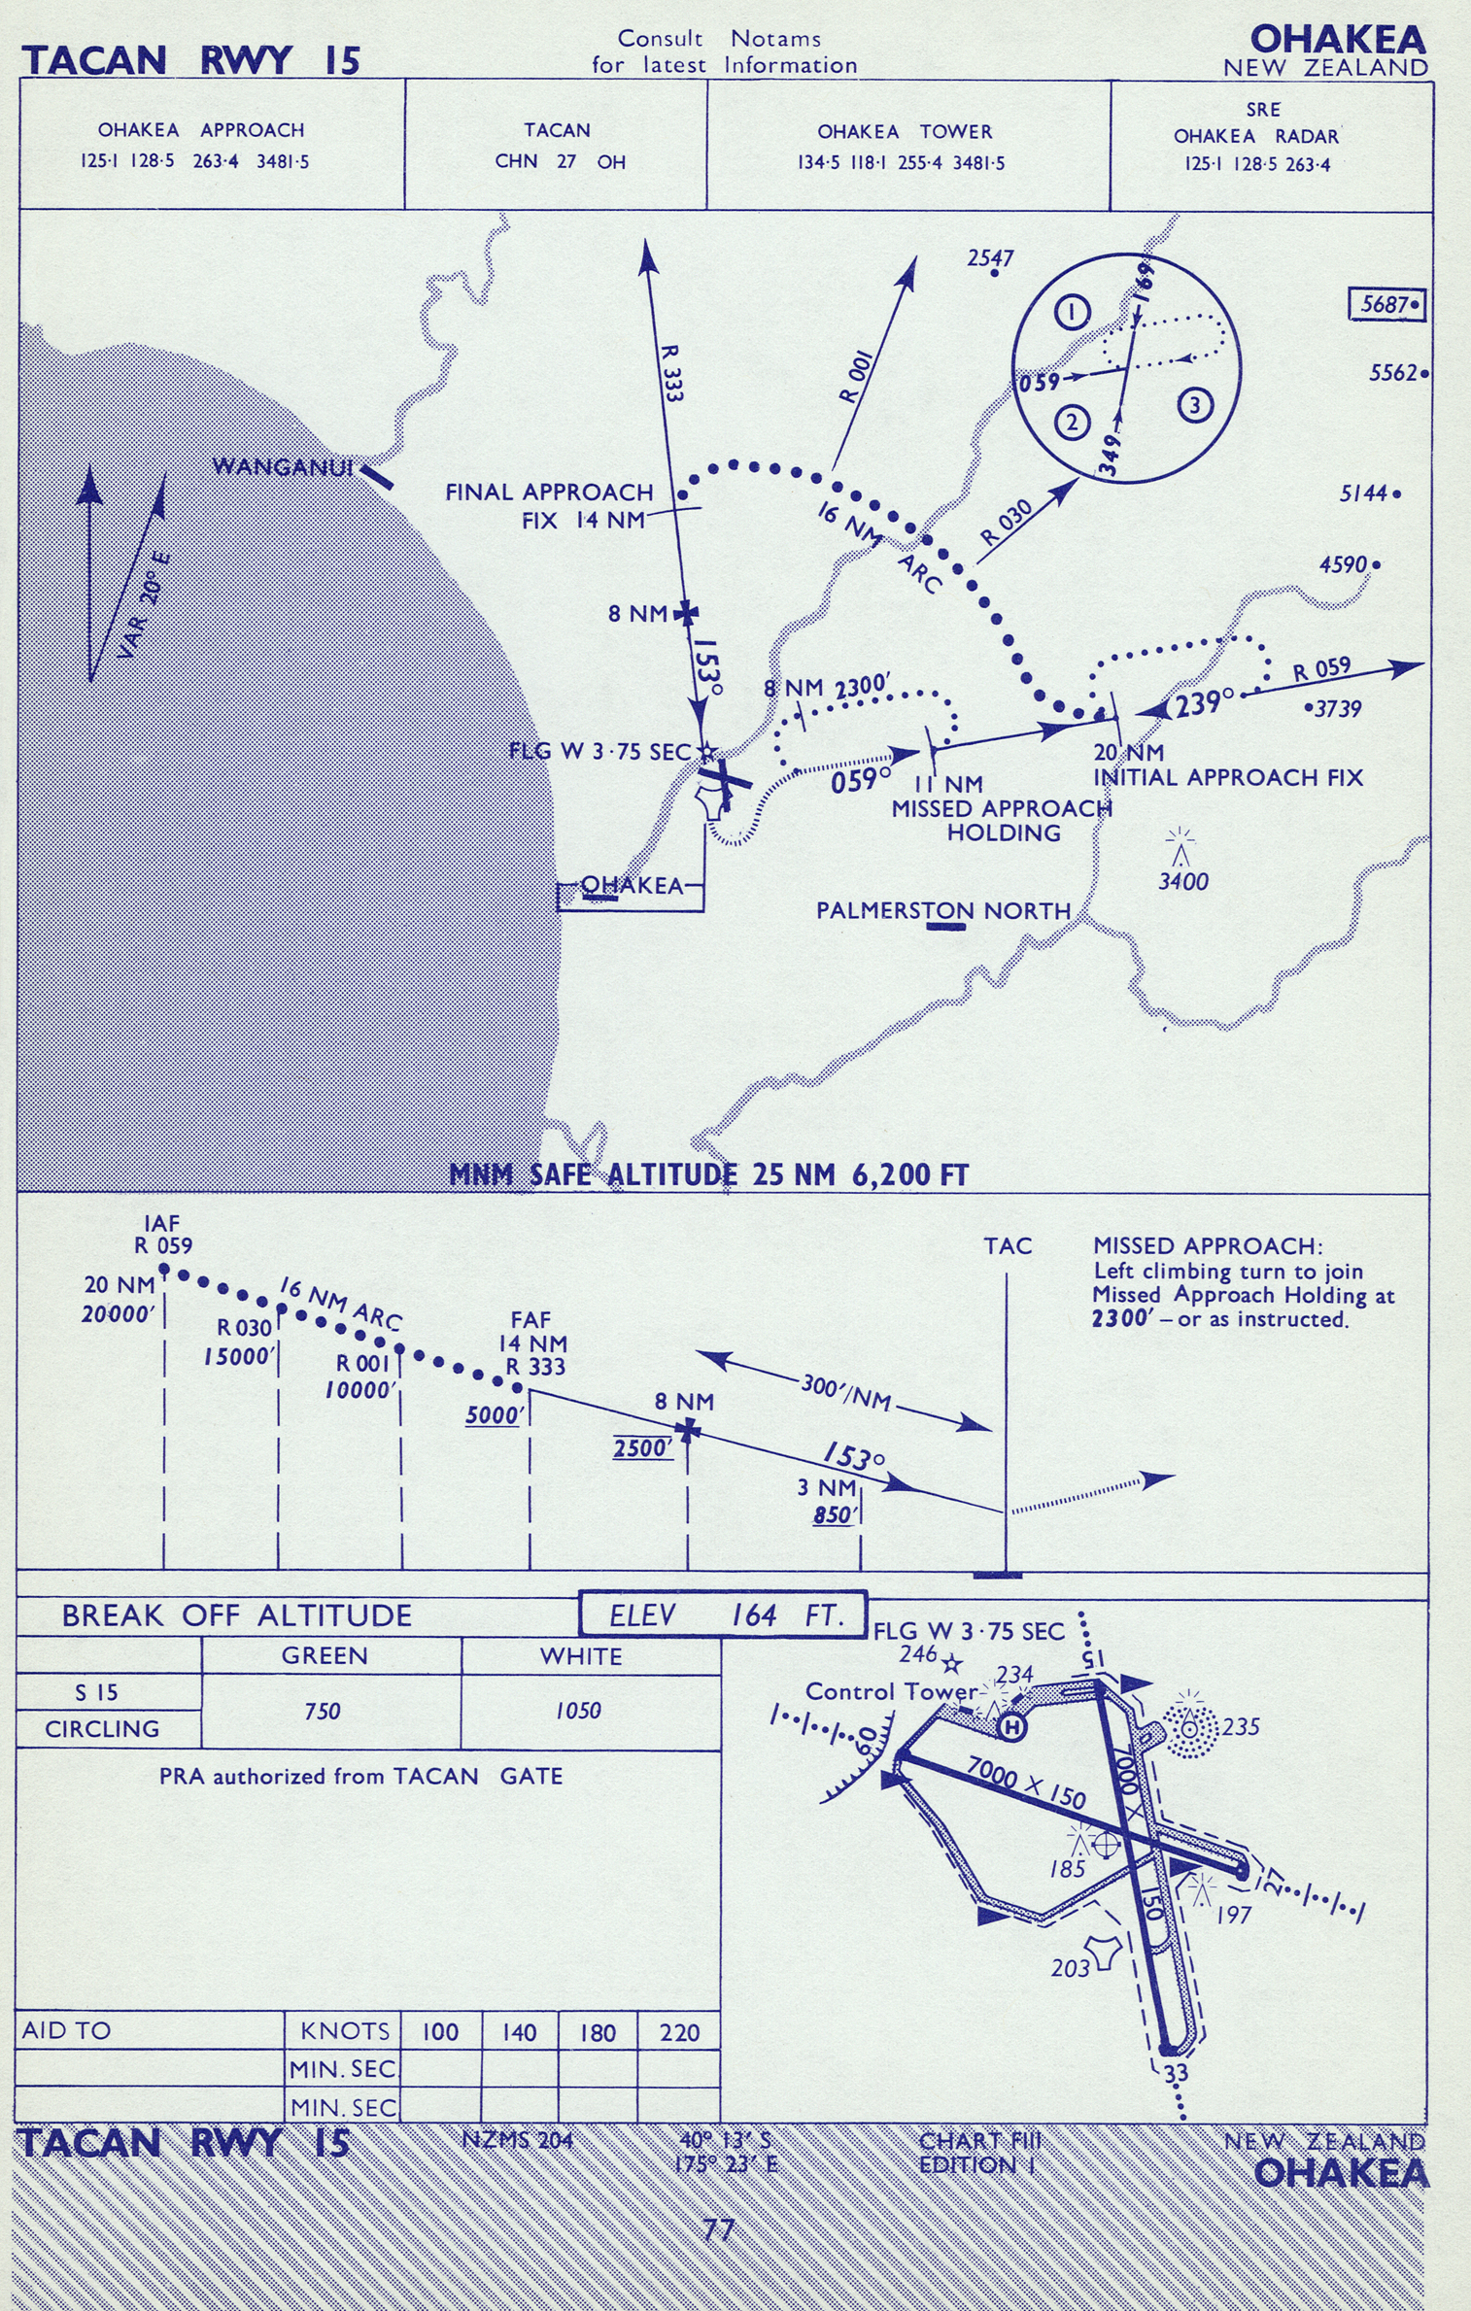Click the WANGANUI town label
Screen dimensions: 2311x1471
click(x=282, y=467)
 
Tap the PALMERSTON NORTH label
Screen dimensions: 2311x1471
click(x=942, y=910)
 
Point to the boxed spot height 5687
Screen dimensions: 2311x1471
click(x=1385, y=305)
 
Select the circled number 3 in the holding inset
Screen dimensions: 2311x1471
click(x=1195, y=405)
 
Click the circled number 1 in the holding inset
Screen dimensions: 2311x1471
click(x=1072, y=313)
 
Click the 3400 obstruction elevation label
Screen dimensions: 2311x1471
click(x=1182, y=882)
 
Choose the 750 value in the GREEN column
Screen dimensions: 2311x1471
click(x=323, y=1711)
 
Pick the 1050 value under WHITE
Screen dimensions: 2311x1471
click(x=578, y=1711)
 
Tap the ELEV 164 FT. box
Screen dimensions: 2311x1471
click(x=722, y=1614)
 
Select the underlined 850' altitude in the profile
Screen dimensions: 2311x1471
click(x=833, y=1514)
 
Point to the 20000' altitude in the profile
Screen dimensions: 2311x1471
click(x=119, y=1314)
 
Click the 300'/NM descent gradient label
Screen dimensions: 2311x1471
click(x=845, y=1392)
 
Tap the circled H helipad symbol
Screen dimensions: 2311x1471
click(x=1011, y=1726)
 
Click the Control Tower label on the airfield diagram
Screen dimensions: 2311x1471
click(x=890, y=1691)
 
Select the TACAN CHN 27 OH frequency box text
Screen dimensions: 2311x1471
click(x=560, y=146)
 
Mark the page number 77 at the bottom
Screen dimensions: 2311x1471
click(x=718, y=2228)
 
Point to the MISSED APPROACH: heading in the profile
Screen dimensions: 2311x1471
click(x=1207, y=1246)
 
